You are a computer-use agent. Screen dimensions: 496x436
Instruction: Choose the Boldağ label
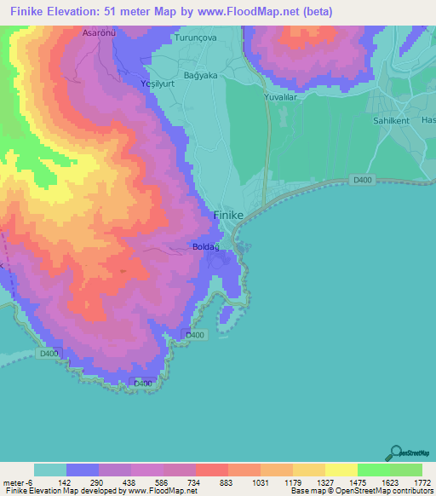(206, 247)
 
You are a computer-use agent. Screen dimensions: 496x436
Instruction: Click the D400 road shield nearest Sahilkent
(362, 179)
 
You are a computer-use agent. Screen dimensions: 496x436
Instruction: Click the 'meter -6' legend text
(18, 482)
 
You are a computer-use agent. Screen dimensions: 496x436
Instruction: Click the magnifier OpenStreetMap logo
(395, 453)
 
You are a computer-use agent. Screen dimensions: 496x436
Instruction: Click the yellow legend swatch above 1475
(341, 470)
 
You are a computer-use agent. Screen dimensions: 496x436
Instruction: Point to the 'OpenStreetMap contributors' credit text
(388, 491)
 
